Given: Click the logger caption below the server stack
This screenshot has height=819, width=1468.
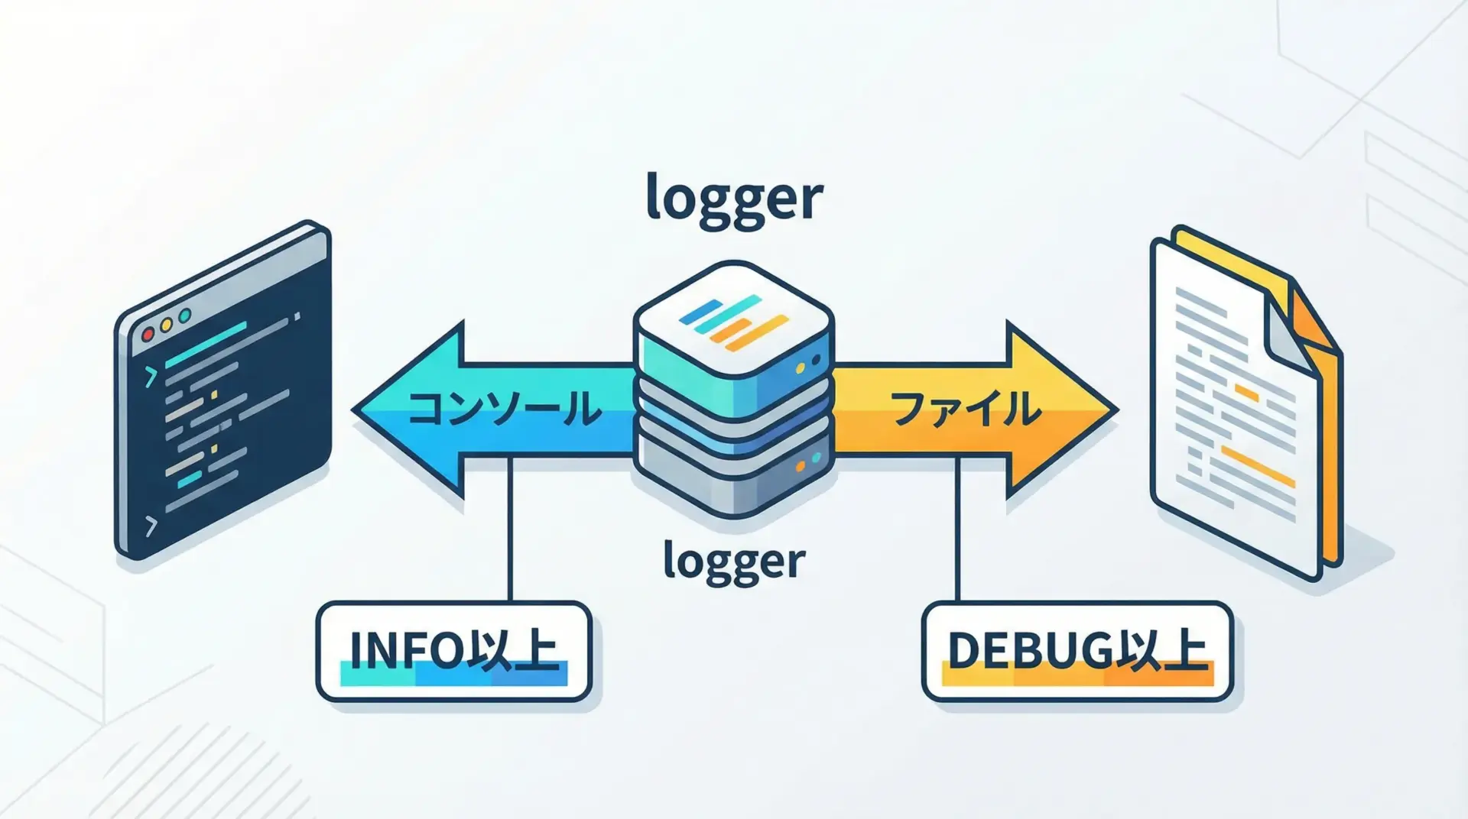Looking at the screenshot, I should tap(734, 562).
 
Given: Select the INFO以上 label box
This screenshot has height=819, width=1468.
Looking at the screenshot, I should tap(453, 651).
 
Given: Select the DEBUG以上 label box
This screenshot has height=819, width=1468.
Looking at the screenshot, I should tap(1077, 651).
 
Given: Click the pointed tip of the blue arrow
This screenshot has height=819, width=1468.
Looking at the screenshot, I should tap(356, 409).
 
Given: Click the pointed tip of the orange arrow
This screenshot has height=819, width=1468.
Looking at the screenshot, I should tap(1114, 409).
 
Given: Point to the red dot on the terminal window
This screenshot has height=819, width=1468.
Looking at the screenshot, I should tap(148, 334).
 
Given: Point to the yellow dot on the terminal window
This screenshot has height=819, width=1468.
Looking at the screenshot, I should tap(166, 325).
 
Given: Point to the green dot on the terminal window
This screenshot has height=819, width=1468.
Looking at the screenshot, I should tap(184, 316).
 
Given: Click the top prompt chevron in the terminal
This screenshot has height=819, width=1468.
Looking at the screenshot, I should tap(151, 376).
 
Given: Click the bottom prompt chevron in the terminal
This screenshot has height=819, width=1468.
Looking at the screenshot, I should tap(151, 526).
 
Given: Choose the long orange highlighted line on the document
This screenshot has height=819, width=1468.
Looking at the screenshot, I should tap(1258, 466).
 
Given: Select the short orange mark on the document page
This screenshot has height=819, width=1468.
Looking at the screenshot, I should tap(1246, 393).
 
